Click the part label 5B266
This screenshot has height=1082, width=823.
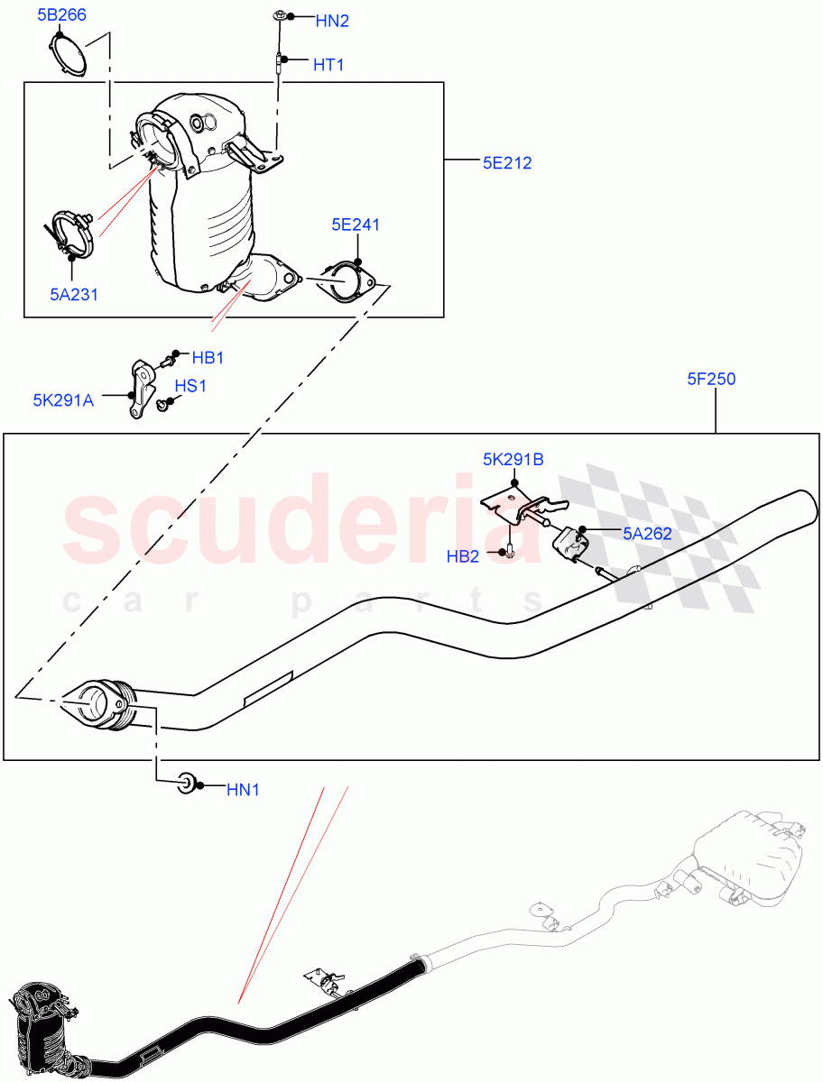pyautogui.click(x=61, y=14)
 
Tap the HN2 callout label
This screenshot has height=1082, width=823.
pyautogui.click(x=332, y=20)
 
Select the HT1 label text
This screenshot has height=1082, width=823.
pyautogui.click(x=328, y=65)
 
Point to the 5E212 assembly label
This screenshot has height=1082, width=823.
pyautogui.click(x=507, y=163)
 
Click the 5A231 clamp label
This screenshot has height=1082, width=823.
pyautogui.click(x=73, y=293)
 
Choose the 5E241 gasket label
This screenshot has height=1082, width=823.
pyautogui.click(x=355, y=225)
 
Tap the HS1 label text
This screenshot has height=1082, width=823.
pyautogui.click(x=190, y=386)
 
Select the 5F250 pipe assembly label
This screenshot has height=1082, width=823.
pyautogui.click(x=711, y=379)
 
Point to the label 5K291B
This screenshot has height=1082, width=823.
pyautogui.click(x=513, y=459)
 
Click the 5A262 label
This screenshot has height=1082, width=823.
pyautogui.click(x=647, y=533)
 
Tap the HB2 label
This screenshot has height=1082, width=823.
pyautogui.click(x=463, y=556)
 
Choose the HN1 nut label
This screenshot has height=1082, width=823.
pyautogui.click(x=243, y=790)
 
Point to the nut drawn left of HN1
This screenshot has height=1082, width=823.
pyautogui.click(x=188, y=783)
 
